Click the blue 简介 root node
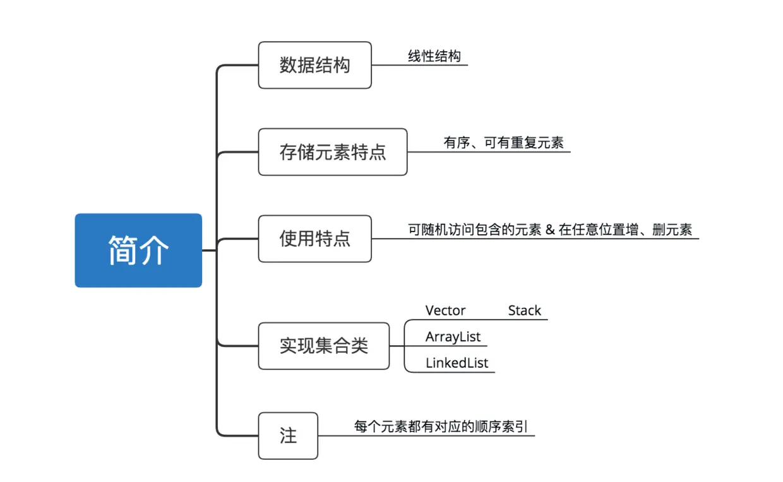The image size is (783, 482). pyautogui.click(x=138, y=250)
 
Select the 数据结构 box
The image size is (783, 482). pyautogui.click(x=314, y=65)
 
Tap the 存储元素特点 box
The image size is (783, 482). pyautogui.click(x=332, y=152)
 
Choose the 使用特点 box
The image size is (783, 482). pyautogui.click(x=314, y=238)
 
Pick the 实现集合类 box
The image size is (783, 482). pyautogui.click(x=323, y=346)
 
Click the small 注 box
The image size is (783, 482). pyautogui.click(x=288, y=436)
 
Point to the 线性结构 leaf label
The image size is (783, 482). pyautogui.click(x=434, y=56)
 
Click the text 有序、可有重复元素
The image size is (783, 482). pyautogui.click(x=503, y=143)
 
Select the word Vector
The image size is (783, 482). pyautogui.click(x=445, y=310)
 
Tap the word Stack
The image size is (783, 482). pyautogui.click(x=524, y=310)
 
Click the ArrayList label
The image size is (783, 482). pyautogui.click(x=453, y=337)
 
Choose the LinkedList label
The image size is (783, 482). pyautogui.click(x=457, y=363)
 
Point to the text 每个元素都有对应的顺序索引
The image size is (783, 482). pyautogui.click(x=440, y=426)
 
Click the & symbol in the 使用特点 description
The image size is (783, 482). pyautogui.click(x=549, y=230)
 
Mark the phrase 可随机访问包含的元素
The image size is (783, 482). pyautogui.click(x=475, y=230)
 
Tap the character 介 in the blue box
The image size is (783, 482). pyautogui.click(x=154, y=250)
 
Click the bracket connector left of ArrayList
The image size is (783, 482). pyautogui.click(x=405, y=346)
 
